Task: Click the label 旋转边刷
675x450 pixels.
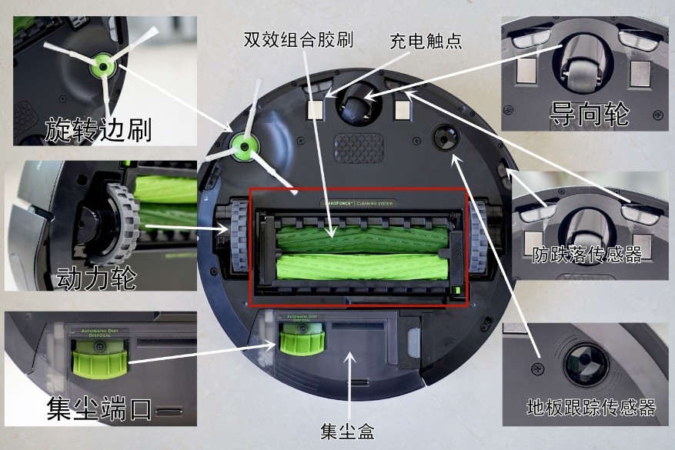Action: click(99, 129)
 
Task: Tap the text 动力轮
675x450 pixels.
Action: click(96, 277)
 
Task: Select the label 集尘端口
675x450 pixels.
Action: click(99, 407)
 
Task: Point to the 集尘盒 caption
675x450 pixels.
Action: click(349, 428)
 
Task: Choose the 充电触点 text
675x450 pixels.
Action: click(426, 40)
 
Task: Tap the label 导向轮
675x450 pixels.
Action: click(590, 115)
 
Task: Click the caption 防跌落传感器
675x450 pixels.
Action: click(587, 254)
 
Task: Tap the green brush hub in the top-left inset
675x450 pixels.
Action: click(101, 67)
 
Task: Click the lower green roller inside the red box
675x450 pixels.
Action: click(357, 268)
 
